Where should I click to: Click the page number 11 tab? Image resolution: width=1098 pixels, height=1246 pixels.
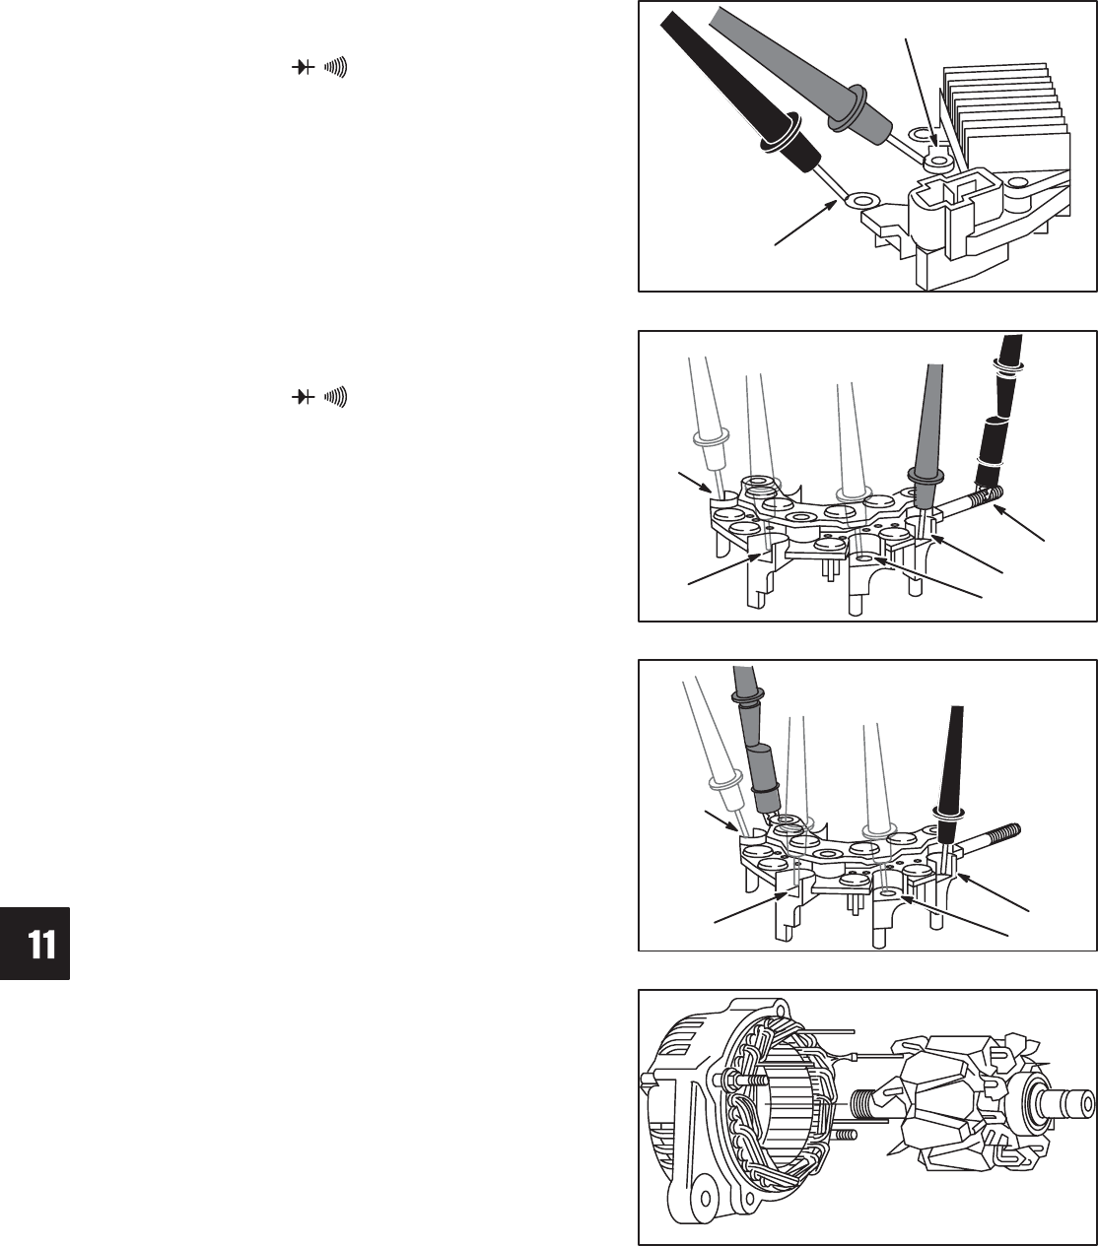coord(34,943)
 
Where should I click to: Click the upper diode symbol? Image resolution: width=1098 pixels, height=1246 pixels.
coord(303,67)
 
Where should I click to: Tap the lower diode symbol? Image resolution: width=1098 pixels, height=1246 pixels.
coord(303,397)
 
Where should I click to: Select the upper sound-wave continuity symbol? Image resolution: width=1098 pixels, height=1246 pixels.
coord(336,66)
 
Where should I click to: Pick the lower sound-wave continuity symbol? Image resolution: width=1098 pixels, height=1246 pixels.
coord(336,397)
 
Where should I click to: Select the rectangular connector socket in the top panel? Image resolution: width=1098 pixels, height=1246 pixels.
coord(941,197)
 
